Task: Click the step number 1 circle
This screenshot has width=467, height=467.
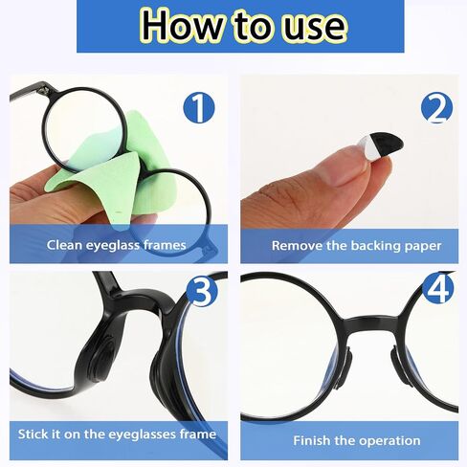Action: pyautogui.click(x=199, y=108)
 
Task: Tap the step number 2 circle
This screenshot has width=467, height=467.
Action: pyautogui.click(x=436, y=108)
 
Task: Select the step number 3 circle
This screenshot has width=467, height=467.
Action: pyautogui.click(x=202, y=291)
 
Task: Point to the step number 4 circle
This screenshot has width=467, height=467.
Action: pyautogui.click(x=438, y=288)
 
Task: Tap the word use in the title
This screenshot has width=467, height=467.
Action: pyautogui.click(x=315, y=28)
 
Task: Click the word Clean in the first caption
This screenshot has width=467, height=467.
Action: pyautogui.click(x=65, y=245)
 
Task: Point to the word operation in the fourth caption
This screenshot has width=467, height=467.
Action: pyautogui.click(x=389, y=441)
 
